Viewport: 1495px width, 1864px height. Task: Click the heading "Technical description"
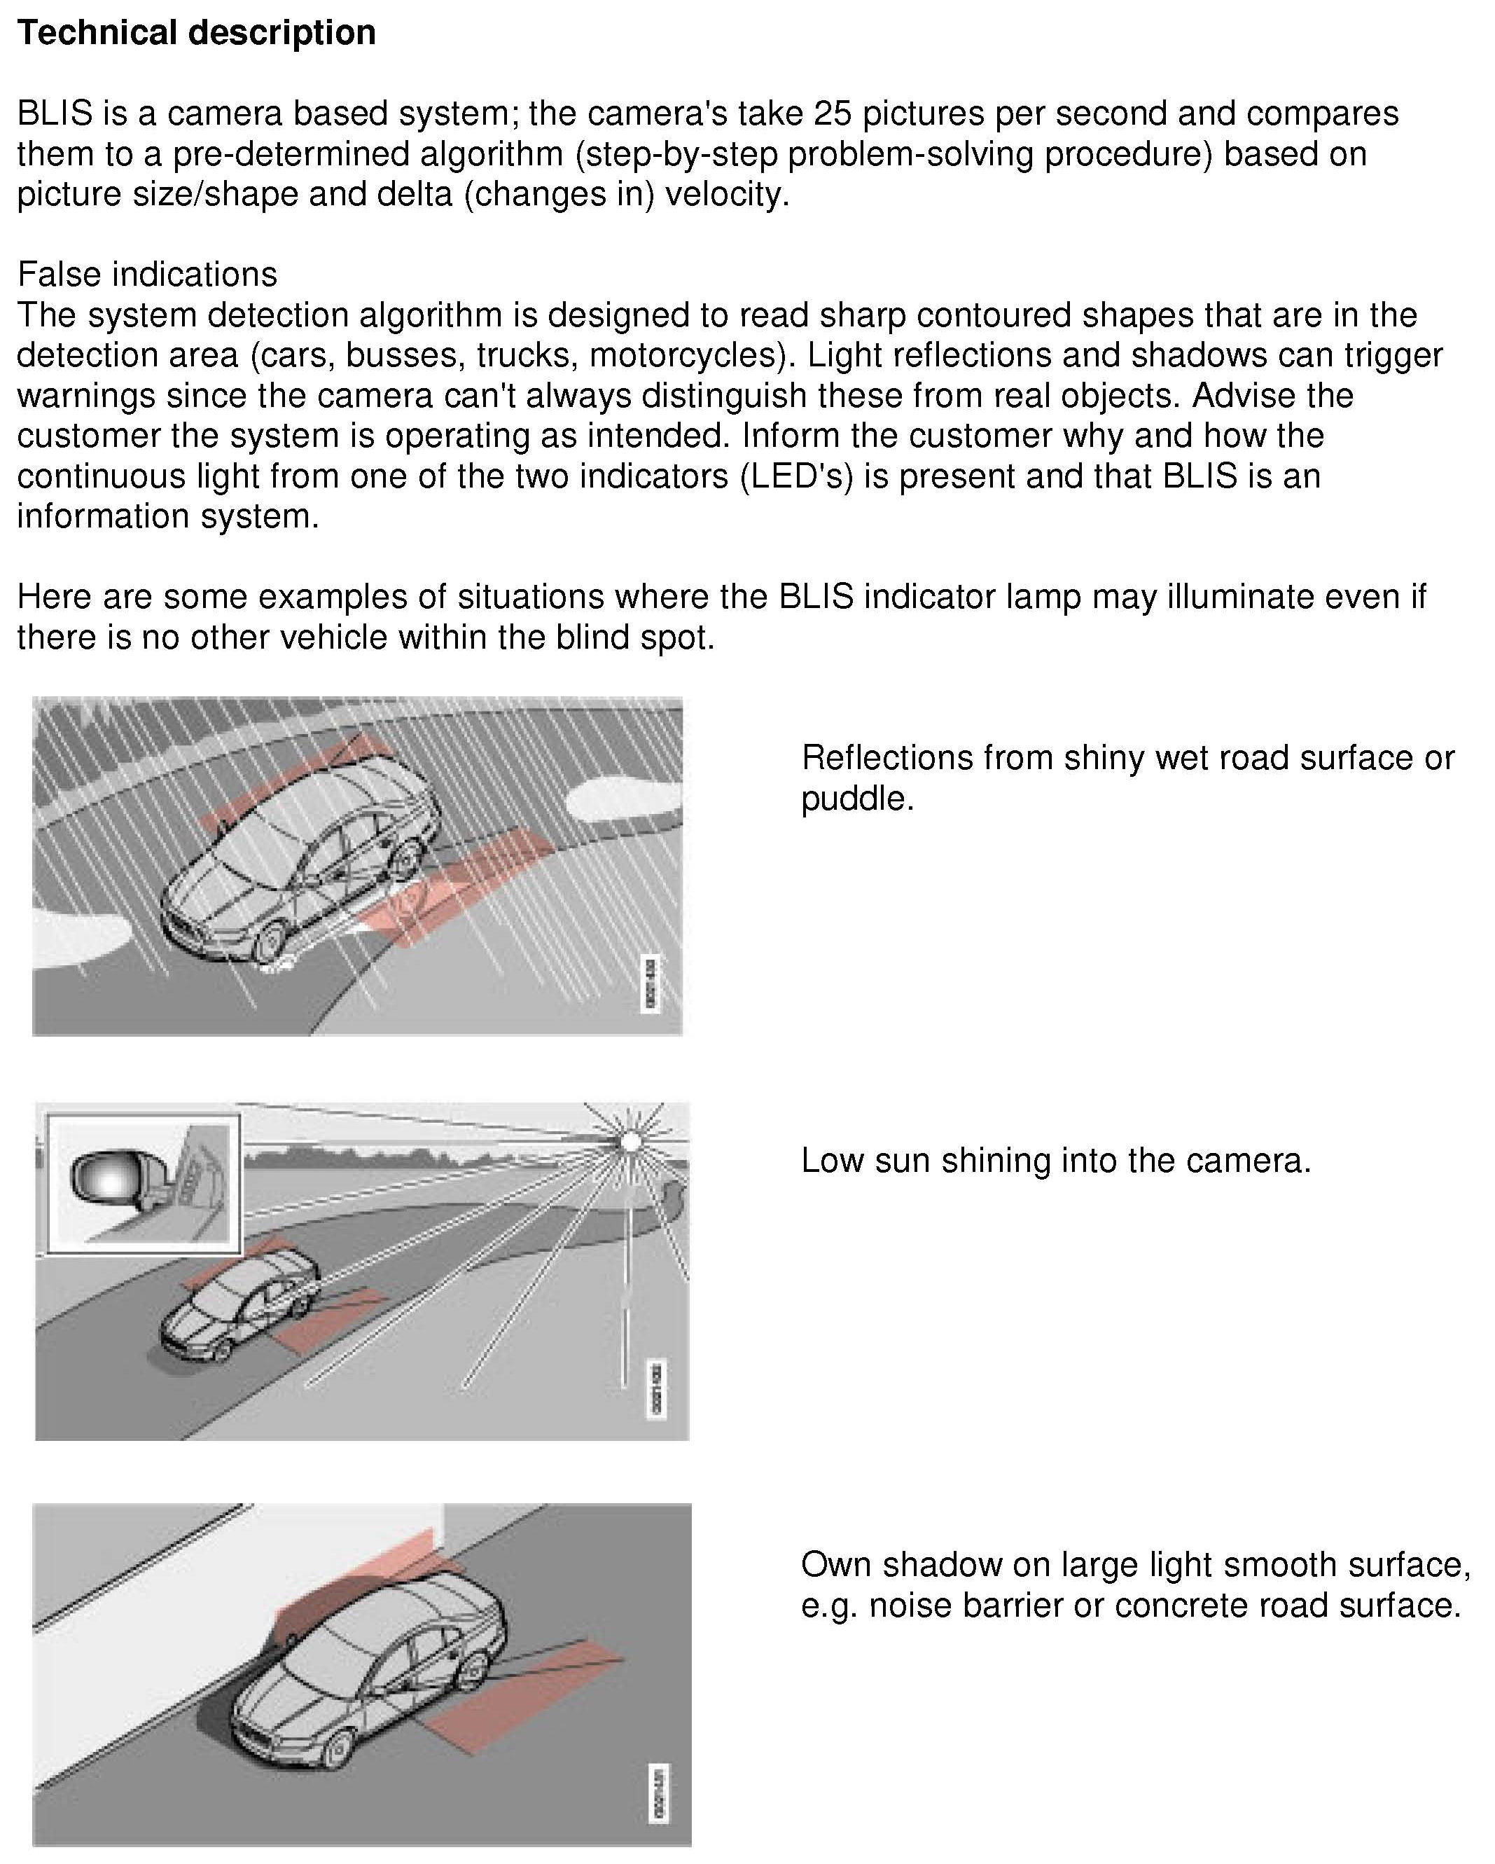coord(196,33)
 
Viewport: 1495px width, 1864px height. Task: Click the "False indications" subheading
coord(147,274)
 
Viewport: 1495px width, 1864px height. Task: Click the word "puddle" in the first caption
coord(854,798)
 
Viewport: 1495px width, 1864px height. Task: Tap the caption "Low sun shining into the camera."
coord(1056,1160)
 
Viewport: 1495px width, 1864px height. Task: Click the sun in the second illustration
coord(631,1142)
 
